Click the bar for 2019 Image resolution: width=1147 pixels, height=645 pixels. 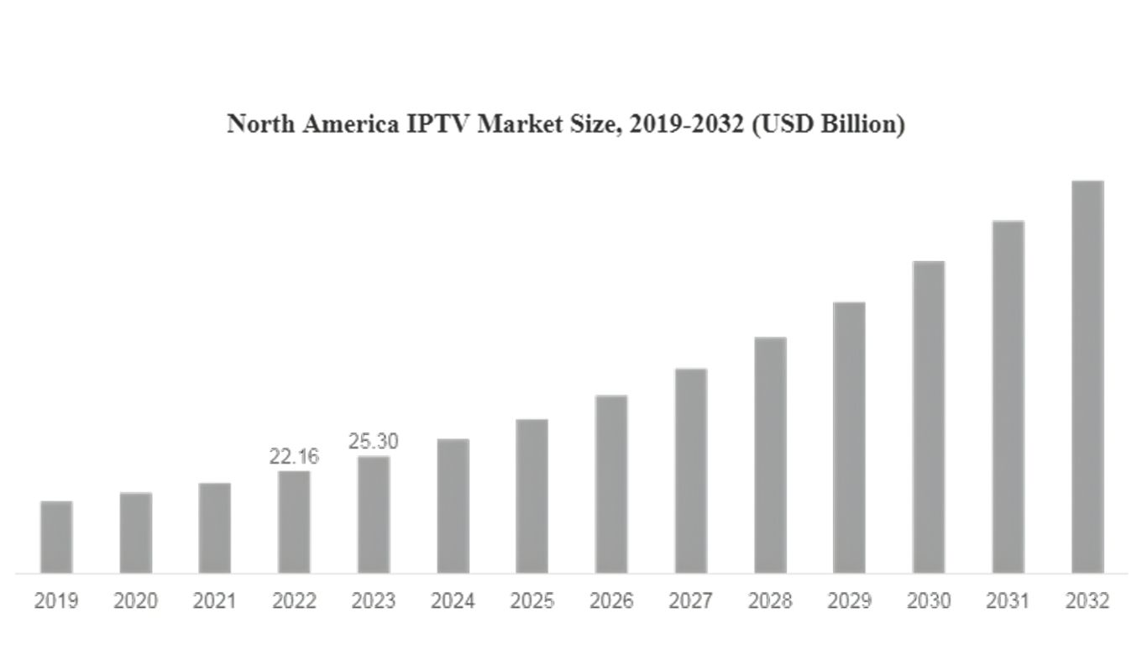[56, 537]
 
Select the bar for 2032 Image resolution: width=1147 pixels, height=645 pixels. [1087, 377]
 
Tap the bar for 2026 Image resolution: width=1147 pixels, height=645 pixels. [611, 485]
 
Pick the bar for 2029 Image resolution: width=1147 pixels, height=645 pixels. [849, 438]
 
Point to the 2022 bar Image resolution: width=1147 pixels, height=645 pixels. [294, 522]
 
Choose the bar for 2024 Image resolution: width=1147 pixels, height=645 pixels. [453, 506]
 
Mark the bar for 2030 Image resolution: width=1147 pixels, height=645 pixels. [929, 417]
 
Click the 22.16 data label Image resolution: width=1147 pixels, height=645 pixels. [294, 458]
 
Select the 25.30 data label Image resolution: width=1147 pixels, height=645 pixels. [373, 442]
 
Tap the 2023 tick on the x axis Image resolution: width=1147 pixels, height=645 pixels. [373, 601]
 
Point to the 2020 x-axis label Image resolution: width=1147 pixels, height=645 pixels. [135, 601]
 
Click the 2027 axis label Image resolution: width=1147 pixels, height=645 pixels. [690, 601]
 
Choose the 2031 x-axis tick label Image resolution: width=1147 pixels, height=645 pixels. [1008, 601]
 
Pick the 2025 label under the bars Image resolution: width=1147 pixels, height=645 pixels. [532, 601]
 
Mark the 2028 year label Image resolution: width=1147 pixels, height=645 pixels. [770, 601]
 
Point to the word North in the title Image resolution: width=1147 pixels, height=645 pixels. [255, 124]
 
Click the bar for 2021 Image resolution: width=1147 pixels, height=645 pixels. [215, 528]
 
